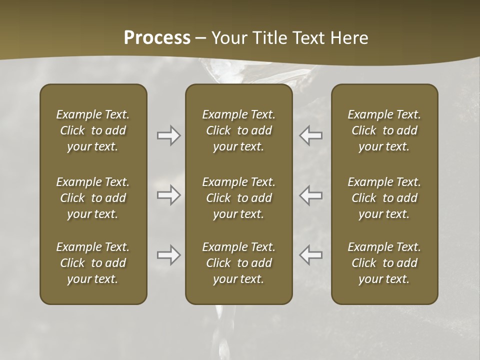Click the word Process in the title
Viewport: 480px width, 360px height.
(157, 38)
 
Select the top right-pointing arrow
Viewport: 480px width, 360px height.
(168, 135)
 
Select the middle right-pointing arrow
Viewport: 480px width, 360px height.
(168, 195)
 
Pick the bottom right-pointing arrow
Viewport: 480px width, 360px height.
(168, 255)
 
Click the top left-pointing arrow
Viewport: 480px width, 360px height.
(311, 135)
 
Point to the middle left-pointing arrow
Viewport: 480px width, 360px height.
(311, 195)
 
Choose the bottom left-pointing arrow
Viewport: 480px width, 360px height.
(311, 255)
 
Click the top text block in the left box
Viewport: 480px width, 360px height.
(93, 130)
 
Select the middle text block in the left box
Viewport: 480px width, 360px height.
(93, 198)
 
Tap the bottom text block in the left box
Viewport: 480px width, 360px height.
(93, 263)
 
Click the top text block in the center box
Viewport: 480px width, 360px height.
(239, 130)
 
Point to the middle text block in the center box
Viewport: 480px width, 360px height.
(239, 198)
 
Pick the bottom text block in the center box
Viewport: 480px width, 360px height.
(239, 263)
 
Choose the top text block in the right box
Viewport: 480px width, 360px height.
(384, 130)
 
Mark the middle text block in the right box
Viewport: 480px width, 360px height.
(384, 198)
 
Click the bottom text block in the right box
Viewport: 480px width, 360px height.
(384, 263)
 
